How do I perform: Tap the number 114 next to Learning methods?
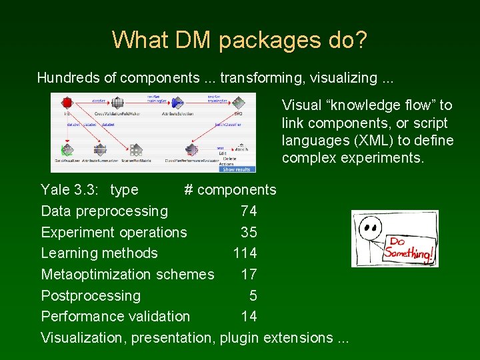(245, 253)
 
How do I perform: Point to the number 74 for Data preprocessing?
(249, 211)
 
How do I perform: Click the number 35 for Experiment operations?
(249, 233)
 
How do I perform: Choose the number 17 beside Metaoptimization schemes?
(249, 275)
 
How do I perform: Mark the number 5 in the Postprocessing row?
(253, 296)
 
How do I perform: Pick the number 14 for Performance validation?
(249, 317)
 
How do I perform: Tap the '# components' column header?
(230, 190)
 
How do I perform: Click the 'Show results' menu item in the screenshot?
(238, 169)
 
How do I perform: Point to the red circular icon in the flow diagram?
(67, 103)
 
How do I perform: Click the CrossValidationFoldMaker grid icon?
(117, 103)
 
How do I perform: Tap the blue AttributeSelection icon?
(177, 103)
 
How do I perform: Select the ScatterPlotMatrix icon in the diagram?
(136, 150)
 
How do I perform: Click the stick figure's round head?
(369, 229)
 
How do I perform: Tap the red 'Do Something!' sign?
(410, 247)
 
